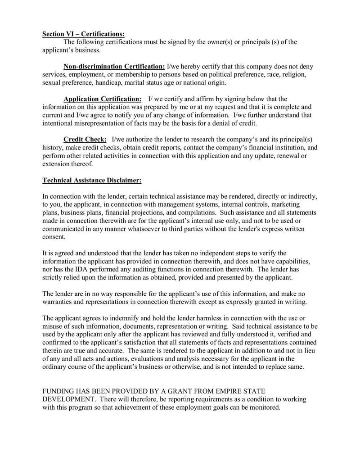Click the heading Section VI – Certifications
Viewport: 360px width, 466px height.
[83, 34]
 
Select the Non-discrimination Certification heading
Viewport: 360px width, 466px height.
[114, 67]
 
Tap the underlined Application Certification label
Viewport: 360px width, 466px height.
[103, 99]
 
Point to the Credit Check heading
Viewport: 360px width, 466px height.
[85, 140]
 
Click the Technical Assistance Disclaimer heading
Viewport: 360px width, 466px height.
[92, 181]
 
